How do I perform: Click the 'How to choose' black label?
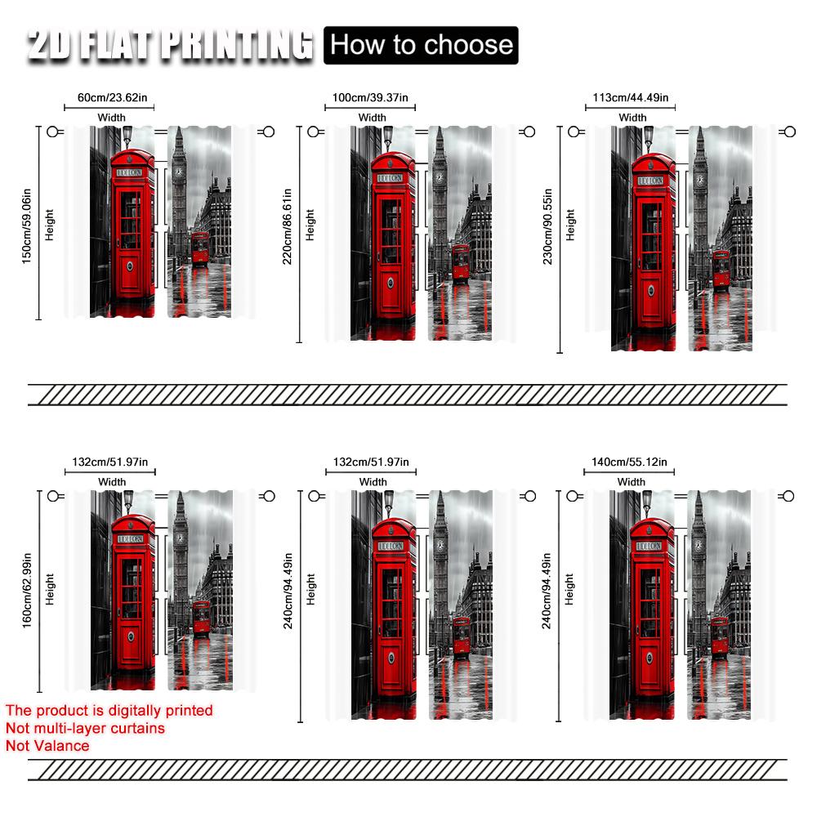(x=422, y=44)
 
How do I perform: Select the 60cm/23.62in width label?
(x=113, y=98)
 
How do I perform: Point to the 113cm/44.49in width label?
(x=631, y=98)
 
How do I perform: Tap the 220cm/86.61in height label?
(x=288, y=234)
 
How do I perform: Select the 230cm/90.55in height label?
(x=548, y=239)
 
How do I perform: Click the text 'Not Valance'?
(x=47, y=745)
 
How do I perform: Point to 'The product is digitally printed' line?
(x=109, y=710)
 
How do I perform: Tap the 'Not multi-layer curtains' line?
(x=85, y=728)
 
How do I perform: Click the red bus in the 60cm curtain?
(x=200, y=249)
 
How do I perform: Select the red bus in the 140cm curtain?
(x=720, y=636)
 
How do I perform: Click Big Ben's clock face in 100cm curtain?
(x=439, y=176)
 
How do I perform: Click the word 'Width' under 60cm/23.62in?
(x=112, y=118)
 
